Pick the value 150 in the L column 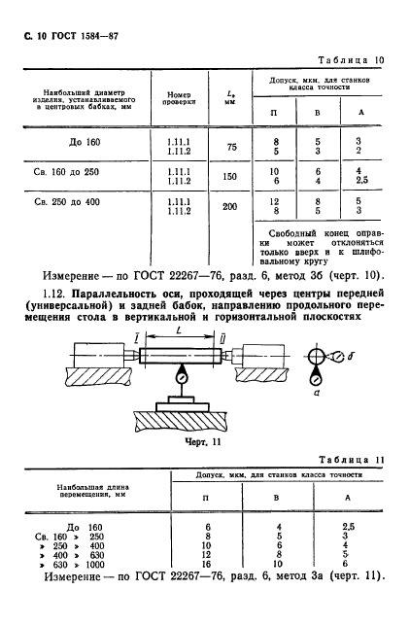[x=231, y=178]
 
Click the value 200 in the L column [x=230, y=207]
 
